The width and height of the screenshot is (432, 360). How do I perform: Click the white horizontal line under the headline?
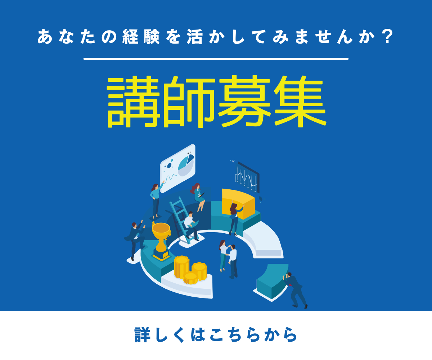click(216, 59)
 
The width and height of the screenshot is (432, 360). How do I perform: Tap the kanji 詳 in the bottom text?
click(143, 335)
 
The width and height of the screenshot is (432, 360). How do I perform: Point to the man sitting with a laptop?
click(190, 225)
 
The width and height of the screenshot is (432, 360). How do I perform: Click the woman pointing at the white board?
click(156, 200)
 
